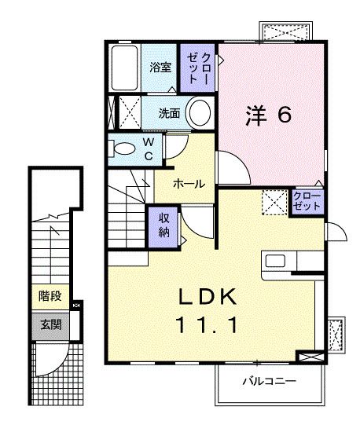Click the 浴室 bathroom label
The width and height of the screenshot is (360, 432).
tap(161, 68)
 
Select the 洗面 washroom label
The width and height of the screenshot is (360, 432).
tap(169, 112)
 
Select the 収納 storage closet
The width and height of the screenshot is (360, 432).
tap(164, 224)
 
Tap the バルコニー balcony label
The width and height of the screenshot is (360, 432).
tap(268, 381)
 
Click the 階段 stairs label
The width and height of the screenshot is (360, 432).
tap(50, 296)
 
